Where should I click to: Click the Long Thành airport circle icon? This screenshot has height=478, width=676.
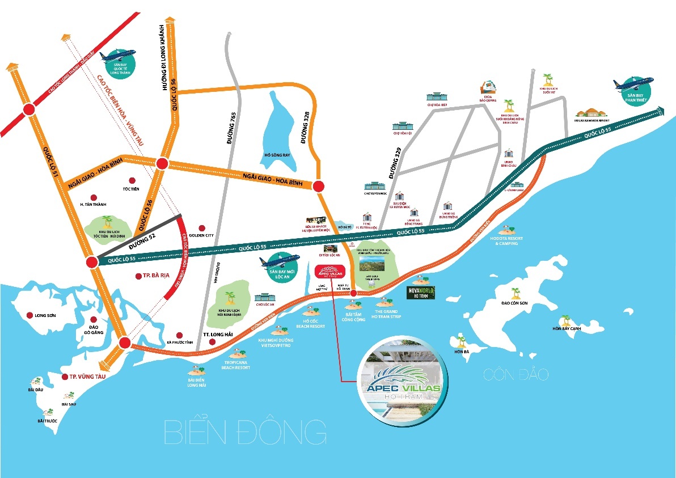[118, 63]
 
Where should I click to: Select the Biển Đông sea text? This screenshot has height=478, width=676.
[244, 432]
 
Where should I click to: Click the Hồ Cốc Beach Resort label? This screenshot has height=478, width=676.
[311, 324]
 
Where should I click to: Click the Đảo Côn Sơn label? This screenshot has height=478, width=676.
[515, 303]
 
